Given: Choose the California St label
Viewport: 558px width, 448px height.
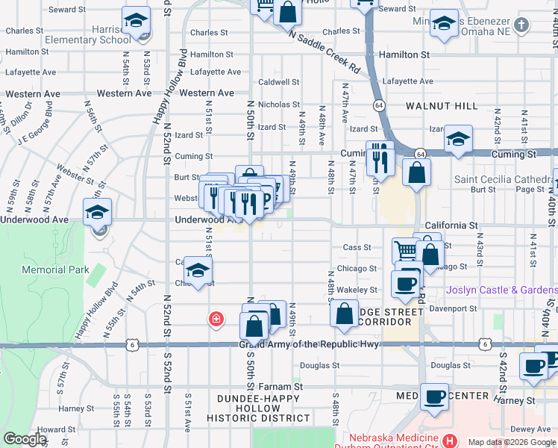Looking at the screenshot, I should (452, 225).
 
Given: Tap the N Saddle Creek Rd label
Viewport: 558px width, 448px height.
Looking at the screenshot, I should (324, 53).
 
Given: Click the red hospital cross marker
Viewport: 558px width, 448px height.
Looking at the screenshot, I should (216, 320).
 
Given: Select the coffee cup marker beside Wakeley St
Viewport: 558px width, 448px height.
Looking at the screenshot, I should (405, 284).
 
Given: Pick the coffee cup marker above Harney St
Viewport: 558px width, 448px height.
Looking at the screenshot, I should (434, 396).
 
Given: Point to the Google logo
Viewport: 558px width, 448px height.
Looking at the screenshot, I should (24, 439).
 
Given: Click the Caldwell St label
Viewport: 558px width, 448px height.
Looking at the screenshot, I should (278, 82).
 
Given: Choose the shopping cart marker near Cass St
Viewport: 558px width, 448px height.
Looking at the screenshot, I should (405, 250).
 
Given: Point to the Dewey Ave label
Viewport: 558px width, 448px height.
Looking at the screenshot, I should (530, 429).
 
